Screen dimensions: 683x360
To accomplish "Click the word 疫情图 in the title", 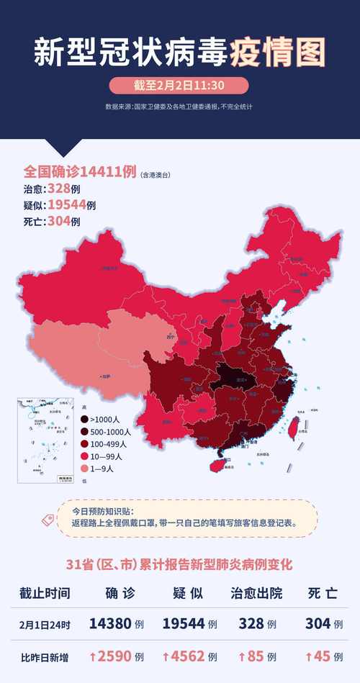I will coord(278,52).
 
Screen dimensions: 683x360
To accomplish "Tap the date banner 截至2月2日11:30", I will coord(179,86).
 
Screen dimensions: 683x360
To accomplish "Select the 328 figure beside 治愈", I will coord(58,189).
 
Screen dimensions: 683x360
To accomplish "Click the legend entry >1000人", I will coord(104,420).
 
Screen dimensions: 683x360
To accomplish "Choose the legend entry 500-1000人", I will coord(108,432).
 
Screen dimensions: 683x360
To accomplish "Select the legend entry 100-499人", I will coord(107,444).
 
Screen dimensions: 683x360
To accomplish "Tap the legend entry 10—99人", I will coord(104,456).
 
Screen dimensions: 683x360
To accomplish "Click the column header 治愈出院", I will coord(256,593).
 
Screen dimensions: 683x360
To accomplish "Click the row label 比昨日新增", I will coord(45,656).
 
